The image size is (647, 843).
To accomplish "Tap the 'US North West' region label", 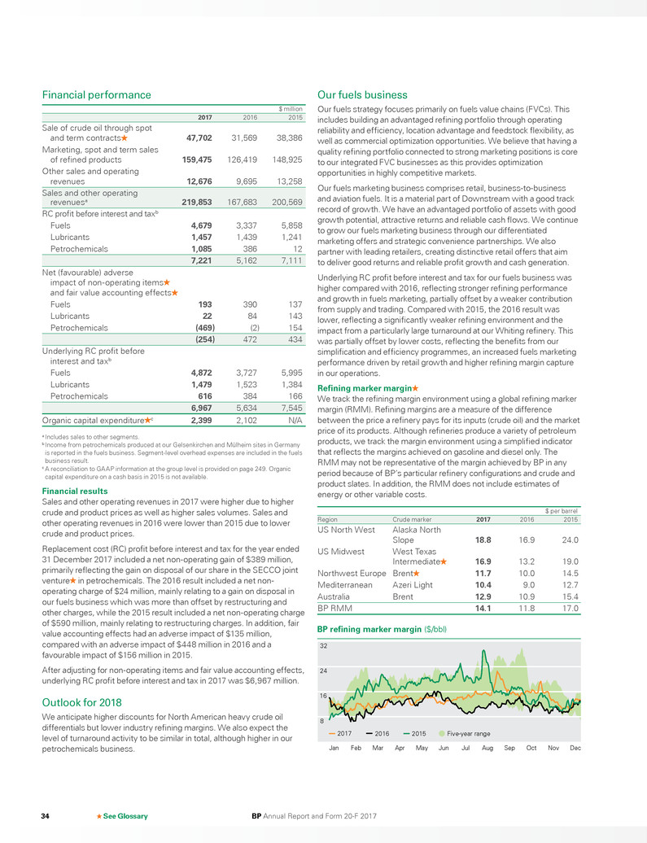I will pyautogui.click(x=346, y=529).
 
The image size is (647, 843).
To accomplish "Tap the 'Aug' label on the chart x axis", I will pyautogui.click(x=487, y=747).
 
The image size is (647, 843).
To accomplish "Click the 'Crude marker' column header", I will pyautogui.click(x=413, y=518).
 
